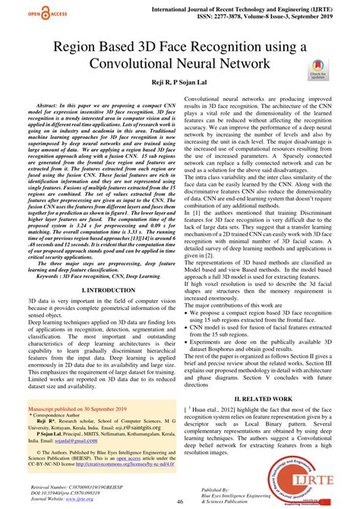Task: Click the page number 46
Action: (180, 502)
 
